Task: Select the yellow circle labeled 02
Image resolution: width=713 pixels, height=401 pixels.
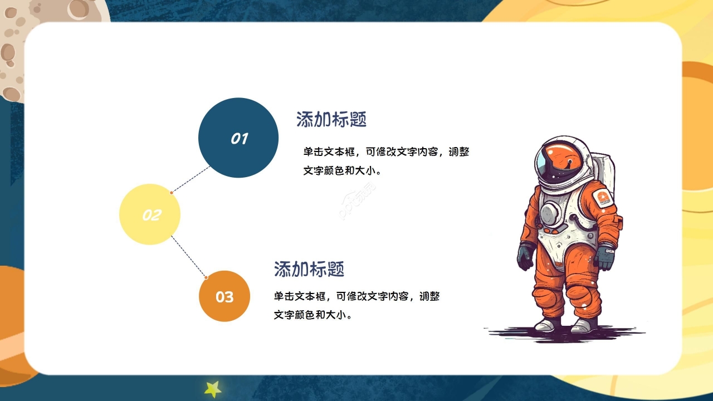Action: tap(150, 214)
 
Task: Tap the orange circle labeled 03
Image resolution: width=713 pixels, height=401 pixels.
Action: tap(224, 296)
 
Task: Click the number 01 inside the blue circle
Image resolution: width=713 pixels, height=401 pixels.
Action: tap(239, 139)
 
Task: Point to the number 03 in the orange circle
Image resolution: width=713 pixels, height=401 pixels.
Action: tap(224, 297)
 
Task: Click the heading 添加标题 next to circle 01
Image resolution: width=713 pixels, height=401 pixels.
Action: tap(331, 119)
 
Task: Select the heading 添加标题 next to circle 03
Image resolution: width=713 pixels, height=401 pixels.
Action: tap(309, 269)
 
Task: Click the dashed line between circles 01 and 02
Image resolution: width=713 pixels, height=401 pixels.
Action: tap(191, 179)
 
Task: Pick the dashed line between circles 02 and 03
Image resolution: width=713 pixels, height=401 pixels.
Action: tap(188, 256)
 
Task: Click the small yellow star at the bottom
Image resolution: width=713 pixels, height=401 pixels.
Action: tap(213, 389)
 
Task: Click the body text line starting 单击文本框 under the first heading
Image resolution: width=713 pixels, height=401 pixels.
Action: tap(387, 152)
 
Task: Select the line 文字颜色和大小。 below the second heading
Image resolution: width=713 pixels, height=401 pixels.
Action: tap(314, 315)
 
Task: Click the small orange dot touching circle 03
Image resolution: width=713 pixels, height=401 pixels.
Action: tap(206, 277)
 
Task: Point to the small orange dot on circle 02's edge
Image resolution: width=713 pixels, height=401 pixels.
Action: tap(172, 192)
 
